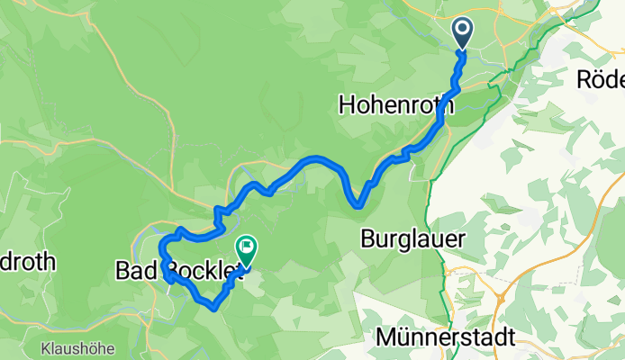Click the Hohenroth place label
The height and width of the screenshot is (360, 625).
point(396,104)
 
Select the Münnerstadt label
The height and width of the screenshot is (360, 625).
point(445,338)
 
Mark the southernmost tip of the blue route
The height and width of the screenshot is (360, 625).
point(214,307)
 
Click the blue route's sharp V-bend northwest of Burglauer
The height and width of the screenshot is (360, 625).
point(358,205)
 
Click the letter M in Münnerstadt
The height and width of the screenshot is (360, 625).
point(385,338)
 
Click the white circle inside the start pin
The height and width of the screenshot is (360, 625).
point(463,30)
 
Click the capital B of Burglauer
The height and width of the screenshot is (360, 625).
point(367,239)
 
